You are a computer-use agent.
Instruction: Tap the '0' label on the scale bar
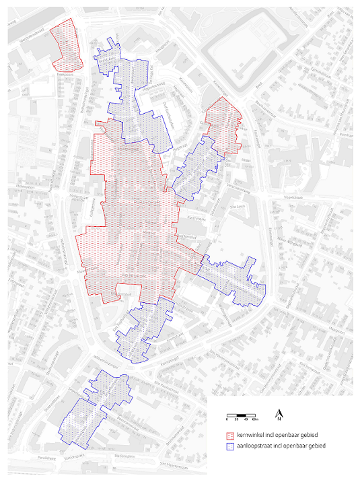click(x=227, y=419)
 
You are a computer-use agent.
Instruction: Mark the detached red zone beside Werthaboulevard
click(x=67, y=46)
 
